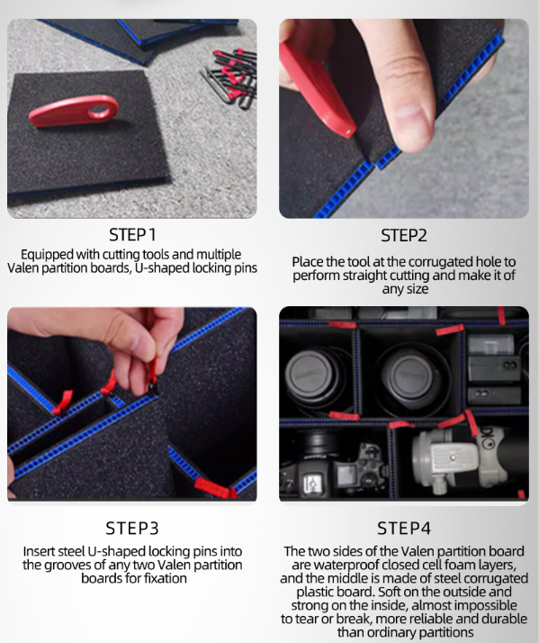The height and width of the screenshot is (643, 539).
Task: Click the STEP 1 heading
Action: coord(132,235)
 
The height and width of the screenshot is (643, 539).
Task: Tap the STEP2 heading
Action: coord(404,235)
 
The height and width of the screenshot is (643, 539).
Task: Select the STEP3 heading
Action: coord(132,528)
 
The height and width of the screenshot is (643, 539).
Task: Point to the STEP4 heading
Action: coord(404,528)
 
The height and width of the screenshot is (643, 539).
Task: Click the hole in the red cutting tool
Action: coord(99,110)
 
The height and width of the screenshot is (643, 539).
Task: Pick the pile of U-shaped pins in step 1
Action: coord(229,78)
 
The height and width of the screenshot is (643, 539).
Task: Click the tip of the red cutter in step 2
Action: coord(349,132)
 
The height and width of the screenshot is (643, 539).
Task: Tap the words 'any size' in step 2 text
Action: coord(405,289)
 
